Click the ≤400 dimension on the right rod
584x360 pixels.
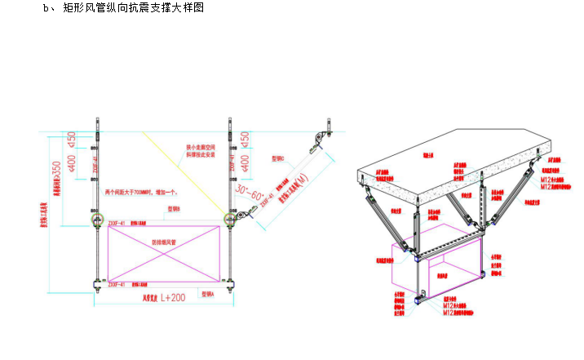[246, 162]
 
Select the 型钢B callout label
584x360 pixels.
[173, 208]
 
